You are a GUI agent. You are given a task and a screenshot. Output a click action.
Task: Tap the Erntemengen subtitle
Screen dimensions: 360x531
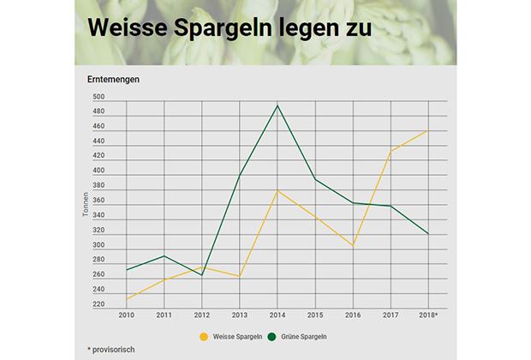click(113, 80)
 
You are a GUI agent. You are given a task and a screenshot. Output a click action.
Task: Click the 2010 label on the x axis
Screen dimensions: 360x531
click(126, 316)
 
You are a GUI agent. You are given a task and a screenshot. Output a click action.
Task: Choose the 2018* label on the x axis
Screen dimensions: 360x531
click(427, 316)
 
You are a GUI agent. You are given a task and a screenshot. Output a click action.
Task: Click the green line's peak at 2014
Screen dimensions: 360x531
click(277, 105)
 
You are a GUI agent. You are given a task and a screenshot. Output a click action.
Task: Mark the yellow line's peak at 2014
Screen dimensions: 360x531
click(277, 190)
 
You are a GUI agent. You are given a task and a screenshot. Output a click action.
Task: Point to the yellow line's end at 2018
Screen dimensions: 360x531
click(427, 130)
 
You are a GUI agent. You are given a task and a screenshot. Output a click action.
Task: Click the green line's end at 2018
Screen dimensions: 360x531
click(427, 234)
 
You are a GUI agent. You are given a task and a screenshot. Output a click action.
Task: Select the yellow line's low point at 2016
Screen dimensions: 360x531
click(352, 246)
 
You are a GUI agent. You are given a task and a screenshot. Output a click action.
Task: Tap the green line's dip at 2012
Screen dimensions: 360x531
click(201, 275)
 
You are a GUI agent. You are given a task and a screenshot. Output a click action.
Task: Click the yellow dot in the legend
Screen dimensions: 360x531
click(204, 337)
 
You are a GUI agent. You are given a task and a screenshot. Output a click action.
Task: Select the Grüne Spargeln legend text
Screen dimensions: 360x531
click(303, 337)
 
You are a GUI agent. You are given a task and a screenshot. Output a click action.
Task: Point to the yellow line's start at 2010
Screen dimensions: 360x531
click(126, 299)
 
